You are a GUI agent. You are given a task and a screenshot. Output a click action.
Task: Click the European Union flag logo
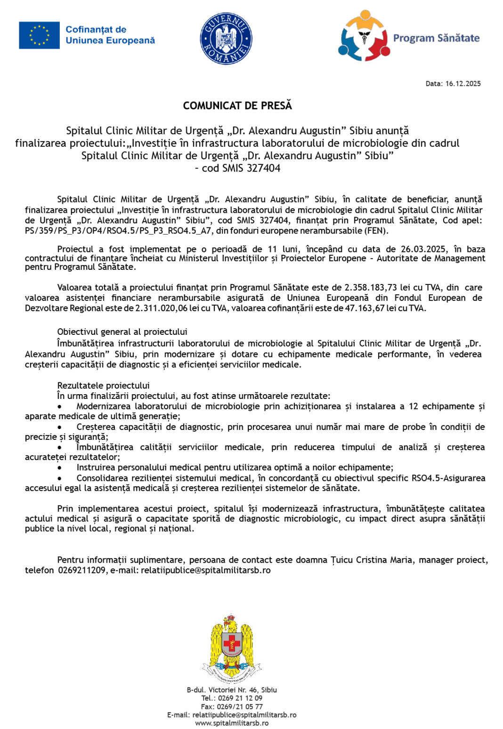tap(39, 35)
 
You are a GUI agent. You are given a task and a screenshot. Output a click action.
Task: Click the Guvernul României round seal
tap(226, 39)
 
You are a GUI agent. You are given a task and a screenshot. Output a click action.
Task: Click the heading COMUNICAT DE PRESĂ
tap(237, 105)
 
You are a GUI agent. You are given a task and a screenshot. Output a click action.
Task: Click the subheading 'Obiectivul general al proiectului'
tap(122, 332)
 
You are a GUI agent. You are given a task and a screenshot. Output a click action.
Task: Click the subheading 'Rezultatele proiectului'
tap(103, 385)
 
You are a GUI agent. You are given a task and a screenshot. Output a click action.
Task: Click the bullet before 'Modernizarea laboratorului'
tap(60, 406)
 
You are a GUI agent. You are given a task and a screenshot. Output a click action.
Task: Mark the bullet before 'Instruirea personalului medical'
tap(60, 468)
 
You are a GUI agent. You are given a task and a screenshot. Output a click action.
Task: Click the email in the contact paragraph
tap(205, 570)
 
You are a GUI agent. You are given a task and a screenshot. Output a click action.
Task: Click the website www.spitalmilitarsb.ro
tap(232, 723)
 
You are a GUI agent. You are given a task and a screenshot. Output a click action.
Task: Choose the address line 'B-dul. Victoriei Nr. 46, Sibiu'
tap(232, 690)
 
